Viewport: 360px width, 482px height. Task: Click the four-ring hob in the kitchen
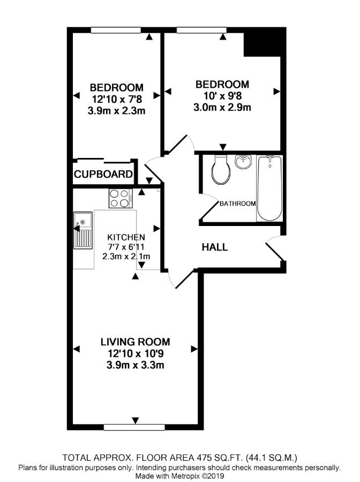coord(121,198)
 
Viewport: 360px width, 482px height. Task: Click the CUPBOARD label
coord(103,174)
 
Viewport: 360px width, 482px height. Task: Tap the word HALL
coord(214,247)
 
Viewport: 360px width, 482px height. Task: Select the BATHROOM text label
coord(237,204)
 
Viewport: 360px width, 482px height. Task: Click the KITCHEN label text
coord(126,237)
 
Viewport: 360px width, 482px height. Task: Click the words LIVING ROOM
coord(136,342)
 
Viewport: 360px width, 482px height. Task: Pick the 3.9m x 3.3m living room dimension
coord(136,365)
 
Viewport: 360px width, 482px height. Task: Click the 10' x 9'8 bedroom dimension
coord(222,96)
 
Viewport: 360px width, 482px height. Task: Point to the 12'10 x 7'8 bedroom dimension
coord(116,99)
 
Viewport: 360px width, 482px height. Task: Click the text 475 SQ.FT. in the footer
coord(209,458)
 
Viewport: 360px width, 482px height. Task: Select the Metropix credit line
coord(180,476)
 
